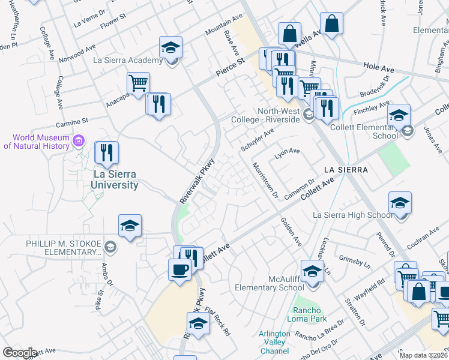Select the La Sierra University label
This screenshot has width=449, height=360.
[x=115, y=179]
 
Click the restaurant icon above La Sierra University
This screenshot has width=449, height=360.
[x=107, y=153]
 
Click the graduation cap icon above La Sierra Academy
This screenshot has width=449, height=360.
[x=171, y=47]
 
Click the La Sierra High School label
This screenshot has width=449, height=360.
[x=354, y=215]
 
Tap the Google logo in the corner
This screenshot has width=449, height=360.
[x=19, y=353]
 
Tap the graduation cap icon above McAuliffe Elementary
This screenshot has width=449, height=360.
[x=312, y=271]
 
